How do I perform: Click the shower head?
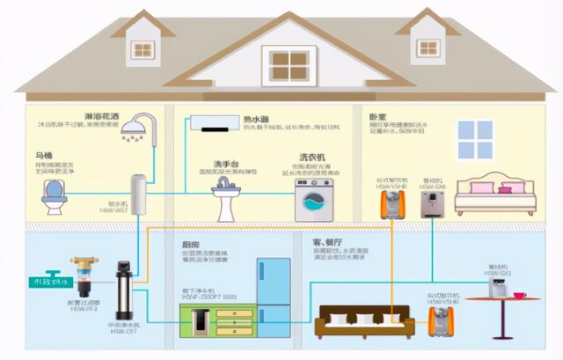135,131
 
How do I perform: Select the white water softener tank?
138,195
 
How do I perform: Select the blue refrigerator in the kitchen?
274,295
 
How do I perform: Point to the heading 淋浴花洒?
103,116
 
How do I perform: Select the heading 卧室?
379,116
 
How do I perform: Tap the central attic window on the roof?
289,63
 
